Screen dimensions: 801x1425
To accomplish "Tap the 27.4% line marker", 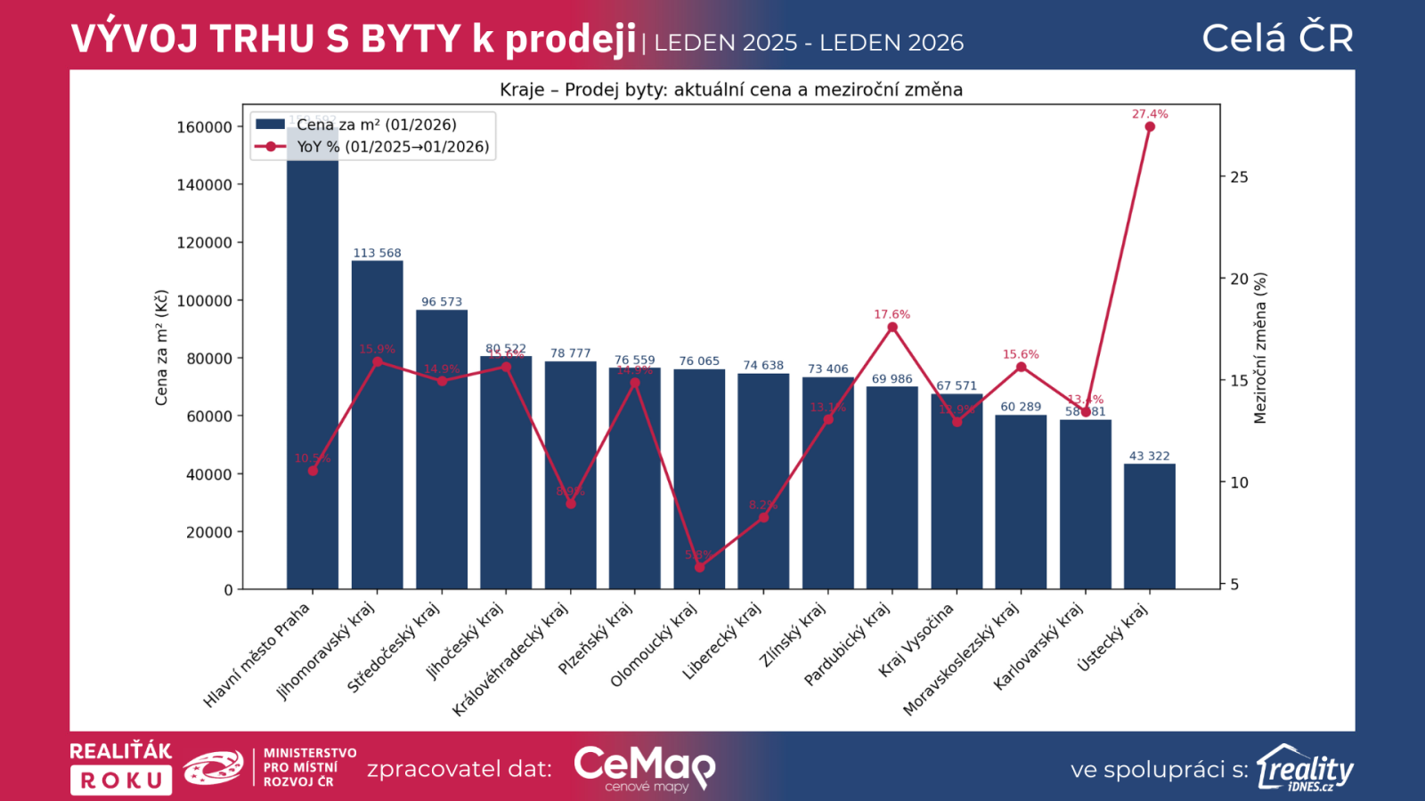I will [x=1150, y=126].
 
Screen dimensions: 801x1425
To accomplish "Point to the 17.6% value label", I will [x=892, y=314].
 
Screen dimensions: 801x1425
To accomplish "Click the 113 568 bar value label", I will [x=377, y=253].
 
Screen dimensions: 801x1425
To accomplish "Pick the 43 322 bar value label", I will [x=1149, y=456].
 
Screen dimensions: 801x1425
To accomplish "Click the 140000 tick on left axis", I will [x=204, y=185].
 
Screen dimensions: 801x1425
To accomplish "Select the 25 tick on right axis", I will [x=1239, y=177].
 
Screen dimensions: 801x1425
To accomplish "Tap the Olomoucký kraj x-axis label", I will [x=654, y=646].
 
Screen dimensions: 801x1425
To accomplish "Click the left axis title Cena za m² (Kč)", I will [x=161, y=348].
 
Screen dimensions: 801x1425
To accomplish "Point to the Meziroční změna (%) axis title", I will [x=1260, y=348].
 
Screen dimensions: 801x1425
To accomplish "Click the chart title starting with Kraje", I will [x=730, y=90].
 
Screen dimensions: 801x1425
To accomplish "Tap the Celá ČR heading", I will [x=1277, y=38].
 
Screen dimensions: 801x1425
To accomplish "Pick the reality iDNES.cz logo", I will [x=1305, y=768].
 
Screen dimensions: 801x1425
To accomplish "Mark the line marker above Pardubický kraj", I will [x=892, y=328].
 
